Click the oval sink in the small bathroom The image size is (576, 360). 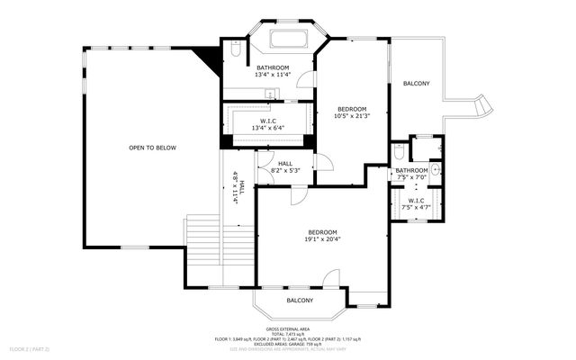[435, 168]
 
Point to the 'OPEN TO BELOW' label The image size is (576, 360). [152, 148]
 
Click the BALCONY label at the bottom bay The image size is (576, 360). [300, 301]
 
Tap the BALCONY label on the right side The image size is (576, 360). [416, 84]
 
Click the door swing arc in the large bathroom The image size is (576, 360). [307, 80]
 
